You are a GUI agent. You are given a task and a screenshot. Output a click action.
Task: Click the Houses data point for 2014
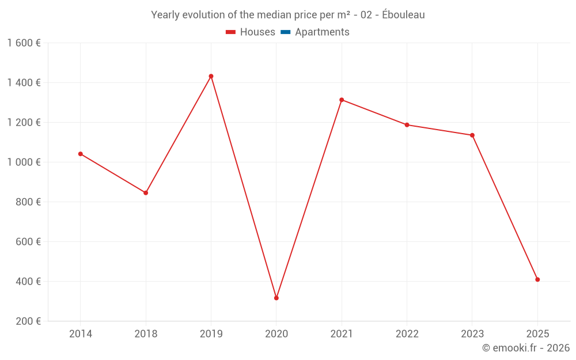pyautogui.click(x=81, y=154)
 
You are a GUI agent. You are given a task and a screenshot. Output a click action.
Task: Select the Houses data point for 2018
pyautogui.click(x=146, y=193)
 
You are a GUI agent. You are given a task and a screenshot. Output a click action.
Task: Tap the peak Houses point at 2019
pyautogui.click(x=211, y=76)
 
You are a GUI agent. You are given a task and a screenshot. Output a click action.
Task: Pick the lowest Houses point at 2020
pyautogui.click(x=276, y=298)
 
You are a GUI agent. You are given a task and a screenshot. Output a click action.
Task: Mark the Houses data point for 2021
pyautogui.click(x=342, y=100)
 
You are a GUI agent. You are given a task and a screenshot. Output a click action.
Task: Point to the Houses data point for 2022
pyautogui.click(x=407, y=125)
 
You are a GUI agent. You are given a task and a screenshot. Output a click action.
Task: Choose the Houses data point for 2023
pyautogui.click(x=472, y=135)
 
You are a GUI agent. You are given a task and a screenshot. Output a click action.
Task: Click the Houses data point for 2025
pyautogui.click(x=537, y=279)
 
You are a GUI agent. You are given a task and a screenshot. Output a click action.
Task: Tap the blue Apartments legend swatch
pyautogui.click(x=285, y=32)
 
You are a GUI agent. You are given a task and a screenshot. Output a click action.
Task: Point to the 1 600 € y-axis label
pyautogui.click(x=24, y=43)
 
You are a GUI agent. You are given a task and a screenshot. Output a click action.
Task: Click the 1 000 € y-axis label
pyautogui.click(x=24, y=162)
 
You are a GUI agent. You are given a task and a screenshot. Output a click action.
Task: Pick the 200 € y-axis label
pyautogui.click(x=27, y=321)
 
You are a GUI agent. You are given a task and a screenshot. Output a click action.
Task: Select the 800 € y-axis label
pyautogui.click(x=27, y=202)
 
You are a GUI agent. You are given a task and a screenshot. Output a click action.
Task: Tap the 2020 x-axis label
pyautogui.click(x=276, y=334)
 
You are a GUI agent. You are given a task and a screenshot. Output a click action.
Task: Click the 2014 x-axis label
pyautogui.click(x=81, y=334)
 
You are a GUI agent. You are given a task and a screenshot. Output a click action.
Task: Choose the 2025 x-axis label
pyautogui.click(x=537, y=334)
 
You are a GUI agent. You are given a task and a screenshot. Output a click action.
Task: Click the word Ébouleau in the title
pyautogui.click(x=403, y=15)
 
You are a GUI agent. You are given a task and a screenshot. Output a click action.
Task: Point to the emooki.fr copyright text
pyautogui.click(x=526, y=348)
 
